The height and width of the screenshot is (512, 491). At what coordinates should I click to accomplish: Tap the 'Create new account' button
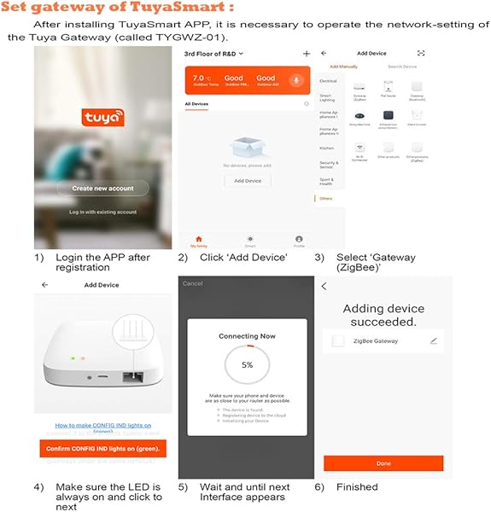tap(103, 189)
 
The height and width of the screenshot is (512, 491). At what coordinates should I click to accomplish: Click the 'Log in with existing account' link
tap(103, 212)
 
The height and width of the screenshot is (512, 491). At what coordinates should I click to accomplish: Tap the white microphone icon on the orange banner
tap(296, 81)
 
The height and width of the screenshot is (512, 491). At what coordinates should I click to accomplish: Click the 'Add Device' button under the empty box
tap(248, 181)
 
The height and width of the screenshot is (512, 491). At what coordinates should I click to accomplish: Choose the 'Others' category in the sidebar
tap(326, 199)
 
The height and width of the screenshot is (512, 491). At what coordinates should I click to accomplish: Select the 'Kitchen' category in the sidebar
tap(327, 148)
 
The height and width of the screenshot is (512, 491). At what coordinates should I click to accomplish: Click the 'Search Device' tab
tap(402, 67)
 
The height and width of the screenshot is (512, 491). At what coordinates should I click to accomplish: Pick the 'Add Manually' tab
tap(344, 67)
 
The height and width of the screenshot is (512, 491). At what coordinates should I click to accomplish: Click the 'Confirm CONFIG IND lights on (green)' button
tap(103, 449)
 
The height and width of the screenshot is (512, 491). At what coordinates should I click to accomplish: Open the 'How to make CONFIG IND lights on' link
tap(103, 425)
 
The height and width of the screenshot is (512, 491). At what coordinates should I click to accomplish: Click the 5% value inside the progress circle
tap(247, 364)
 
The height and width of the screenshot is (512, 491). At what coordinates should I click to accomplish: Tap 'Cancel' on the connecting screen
tap(193, 283)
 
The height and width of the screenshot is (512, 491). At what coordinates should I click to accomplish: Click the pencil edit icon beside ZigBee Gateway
tap(433, 341)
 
